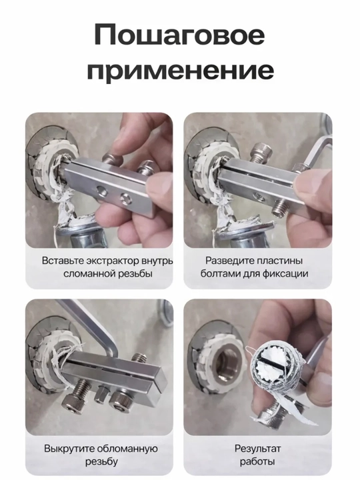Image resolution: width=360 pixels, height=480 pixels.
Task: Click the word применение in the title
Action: click(180, 71)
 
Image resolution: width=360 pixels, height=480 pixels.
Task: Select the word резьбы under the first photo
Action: click(135, 273)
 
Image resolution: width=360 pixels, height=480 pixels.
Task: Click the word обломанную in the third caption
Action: click(127, 449)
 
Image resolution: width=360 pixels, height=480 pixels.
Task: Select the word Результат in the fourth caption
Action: click(257, 449)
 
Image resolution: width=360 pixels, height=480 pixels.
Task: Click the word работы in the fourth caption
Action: click(257, 461)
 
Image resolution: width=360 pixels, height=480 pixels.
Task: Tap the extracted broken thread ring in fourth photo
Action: click(277, 367)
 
